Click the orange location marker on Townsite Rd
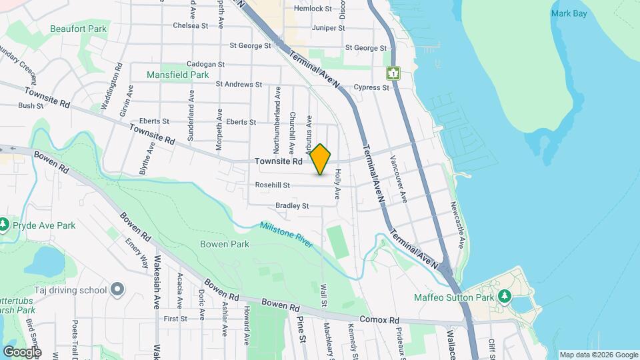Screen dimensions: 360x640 coord(321,159)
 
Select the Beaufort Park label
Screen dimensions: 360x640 coord(78,29)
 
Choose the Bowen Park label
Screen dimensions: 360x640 coord(225,244)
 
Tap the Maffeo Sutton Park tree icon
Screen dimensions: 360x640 coord(505,296)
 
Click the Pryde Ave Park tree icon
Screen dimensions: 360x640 coord(5,224)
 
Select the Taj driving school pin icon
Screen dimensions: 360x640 coord(117,289)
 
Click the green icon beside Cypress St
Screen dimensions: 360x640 coord(393,73)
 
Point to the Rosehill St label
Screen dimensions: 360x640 coord(272,185)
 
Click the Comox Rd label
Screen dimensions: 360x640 coord(379,320)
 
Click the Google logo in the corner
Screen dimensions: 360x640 coord(21,351)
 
